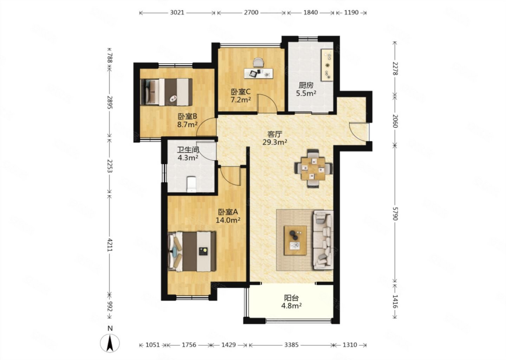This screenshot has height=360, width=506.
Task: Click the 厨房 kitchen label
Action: (x=306, y=85)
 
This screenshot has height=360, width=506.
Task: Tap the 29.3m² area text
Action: (x=275, y=142)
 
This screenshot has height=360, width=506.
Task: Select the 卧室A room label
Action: (x=228, y=212)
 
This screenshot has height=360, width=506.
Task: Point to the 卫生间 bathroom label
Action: (x=188, y=150)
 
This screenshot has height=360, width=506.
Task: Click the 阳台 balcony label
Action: (x=291, y=298)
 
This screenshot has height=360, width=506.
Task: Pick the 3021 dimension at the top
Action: (x=177, y=12)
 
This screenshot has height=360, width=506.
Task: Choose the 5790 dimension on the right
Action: (x=395, y=213)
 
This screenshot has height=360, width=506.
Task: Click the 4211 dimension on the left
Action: (x=110, y=245)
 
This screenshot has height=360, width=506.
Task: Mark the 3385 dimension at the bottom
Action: (x=291, y=345)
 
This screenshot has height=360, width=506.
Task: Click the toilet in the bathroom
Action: (x=192, y=185)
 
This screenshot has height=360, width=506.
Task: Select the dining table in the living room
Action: (x=313, y=168)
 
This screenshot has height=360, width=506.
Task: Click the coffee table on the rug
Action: (x=295, y=240)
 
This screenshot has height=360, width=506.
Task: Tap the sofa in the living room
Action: (x=323, y=240)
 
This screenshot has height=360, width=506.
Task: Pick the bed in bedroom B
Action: (x=166, y=92)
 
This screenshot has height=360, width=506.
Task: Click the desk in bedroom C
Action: (x=259, y=73)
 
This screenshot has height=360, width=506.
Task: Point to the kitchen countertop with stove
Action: (x=327, y=65)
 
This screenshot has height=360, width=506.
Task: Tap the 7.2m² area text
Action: (x=241, y=99)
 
